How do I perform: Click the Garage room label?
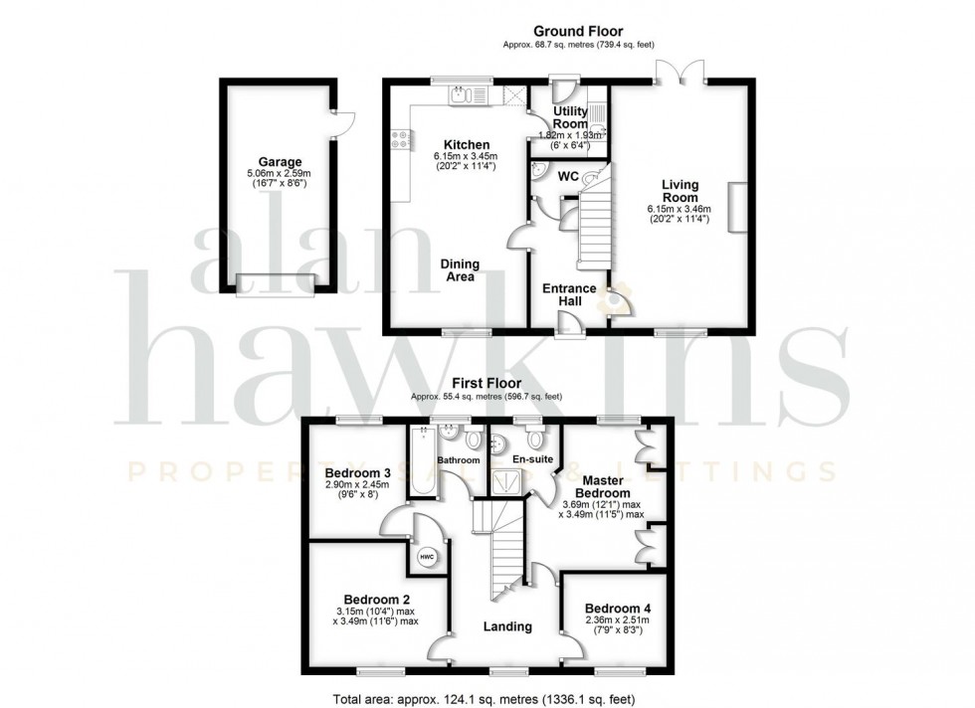pyautogui.click(x=280, y=162)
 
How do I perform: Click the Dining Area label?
pyautogui.click(x=459, y=270)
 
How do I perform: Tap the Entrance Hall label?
pyautogui.click(x=569, y=295)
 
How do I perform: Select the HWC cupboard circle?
pyautogui.click(x=427, y=557)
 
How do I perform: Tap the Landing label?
pyautogui.click(x=507, y=626)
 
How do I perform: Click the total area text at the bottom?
pyautogui.click(x=487, y=698)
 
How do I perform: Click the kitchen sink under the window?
pyautogui.click(x=464, y=95)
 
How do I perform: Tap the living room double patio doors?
pyautogui.click(x=681, y=72)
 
